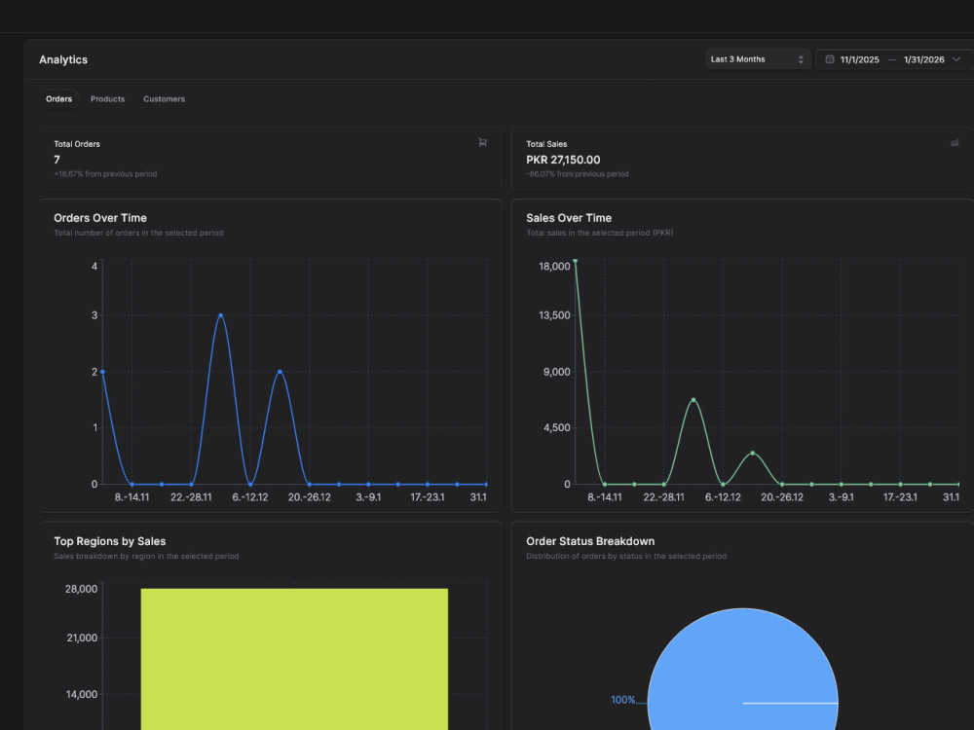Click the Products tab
[x=107, y=98]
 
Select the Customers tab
[x=164, y=98]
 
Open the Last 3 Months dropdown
[x=757, y=59]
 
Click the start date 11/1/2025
[x=860, y=59]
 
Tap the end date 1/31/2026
[x=923, y=59]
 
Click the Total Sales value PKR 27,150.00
[x=563, y=160]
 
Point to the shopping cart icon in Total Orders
[x=483, y=143]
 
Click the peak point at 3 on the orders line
[x=220, y=315]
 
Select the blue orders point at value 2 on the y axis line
[x=102, y=372]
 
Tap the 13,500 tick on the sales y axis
[x=554, y=315]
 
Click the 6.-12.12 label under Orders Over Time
[x=250, y=497]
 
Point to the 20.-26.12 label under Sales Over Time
[x=782, y=497]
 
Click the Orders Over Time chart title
[x=100, y=218]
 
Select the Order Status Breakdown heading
[x=590, y=541]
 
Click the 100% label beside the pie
[x=623, y=700]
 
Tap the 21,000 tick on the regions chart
[x=82, y=638]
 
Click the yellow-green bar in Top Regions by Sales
[x=294, y=659]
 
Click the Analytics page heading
[x=63, y=59]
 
